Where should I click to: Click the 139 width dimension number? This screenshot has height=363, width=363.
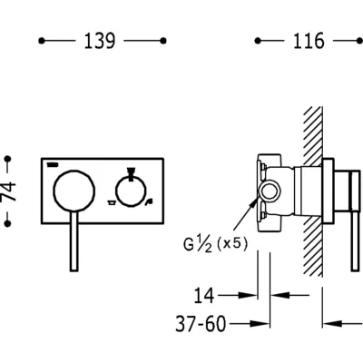coord(100,41)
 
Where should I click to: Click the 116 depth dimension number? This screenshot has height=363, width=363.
coord(309,41)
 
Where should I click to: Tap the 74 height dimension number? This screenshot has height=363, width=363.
coord(8,191)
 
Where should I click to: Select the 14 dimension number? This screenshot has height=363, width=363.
coord(204,296)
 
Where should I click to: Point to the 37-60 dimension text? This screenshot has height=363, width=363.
coord(201,324)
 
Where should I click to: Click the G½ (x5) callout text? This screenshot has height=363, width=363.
coord(215,244)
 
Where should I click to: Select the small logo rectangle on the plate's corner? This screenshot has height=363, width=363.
coord(53,164)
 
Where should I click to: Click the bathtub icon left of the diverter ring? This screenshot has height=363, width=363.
coord(111,202)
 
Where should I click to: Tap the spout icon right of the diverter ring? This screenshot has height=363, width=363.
coord(148,202)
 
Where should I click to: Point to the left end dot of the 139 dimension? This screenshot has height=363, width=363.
coord(42,41)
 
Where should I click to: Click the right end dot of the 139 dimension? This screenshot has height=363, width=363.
coord(163,41)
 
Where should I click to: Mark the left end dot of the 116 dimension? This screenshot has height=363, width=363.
coord(258,41)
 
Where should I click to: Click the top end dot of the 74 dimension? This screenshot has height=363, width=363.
coord(8,159)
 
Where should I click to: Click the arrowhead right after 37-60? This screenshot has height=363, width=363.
coord(260,324)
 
